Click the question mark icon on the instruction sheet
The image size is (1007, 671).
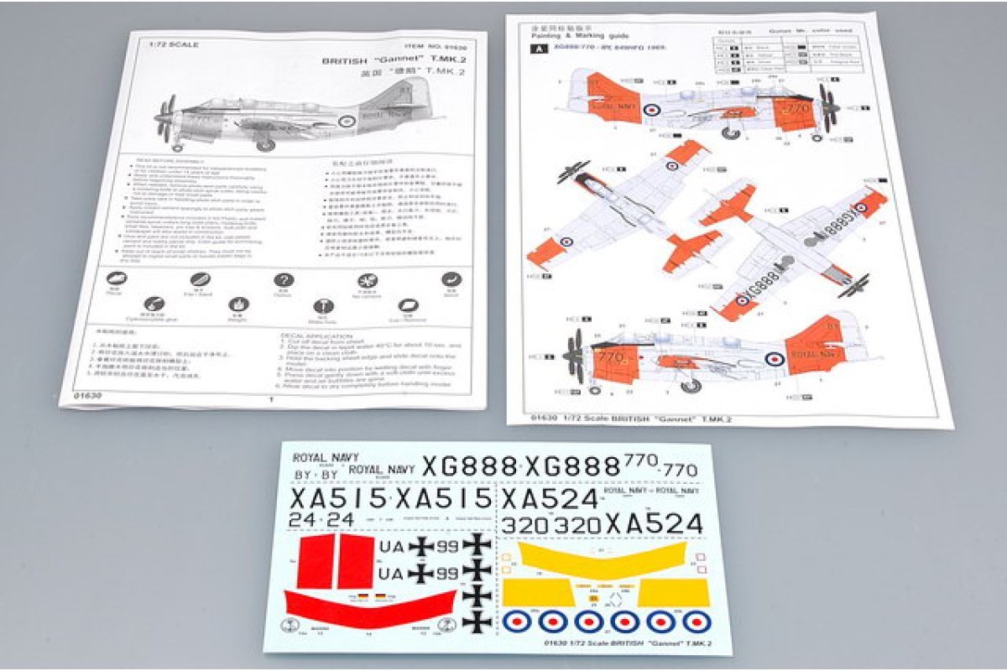[284, 280]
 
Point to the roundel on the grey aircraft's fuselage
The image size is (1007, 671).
[346, 122]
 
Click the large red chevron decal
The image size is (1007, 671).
[369, 605]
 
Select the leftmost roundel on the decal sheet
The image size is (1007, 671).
[516, 621]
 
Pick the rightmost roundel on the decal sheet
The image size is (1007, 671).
[696, 621]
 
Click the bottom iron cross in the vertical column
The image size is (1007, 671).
[477, 622]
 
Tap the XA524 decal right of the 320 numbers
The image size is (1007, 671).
[654, 524]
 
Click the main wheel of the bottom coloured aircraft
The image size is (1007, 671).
[691, 385]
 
